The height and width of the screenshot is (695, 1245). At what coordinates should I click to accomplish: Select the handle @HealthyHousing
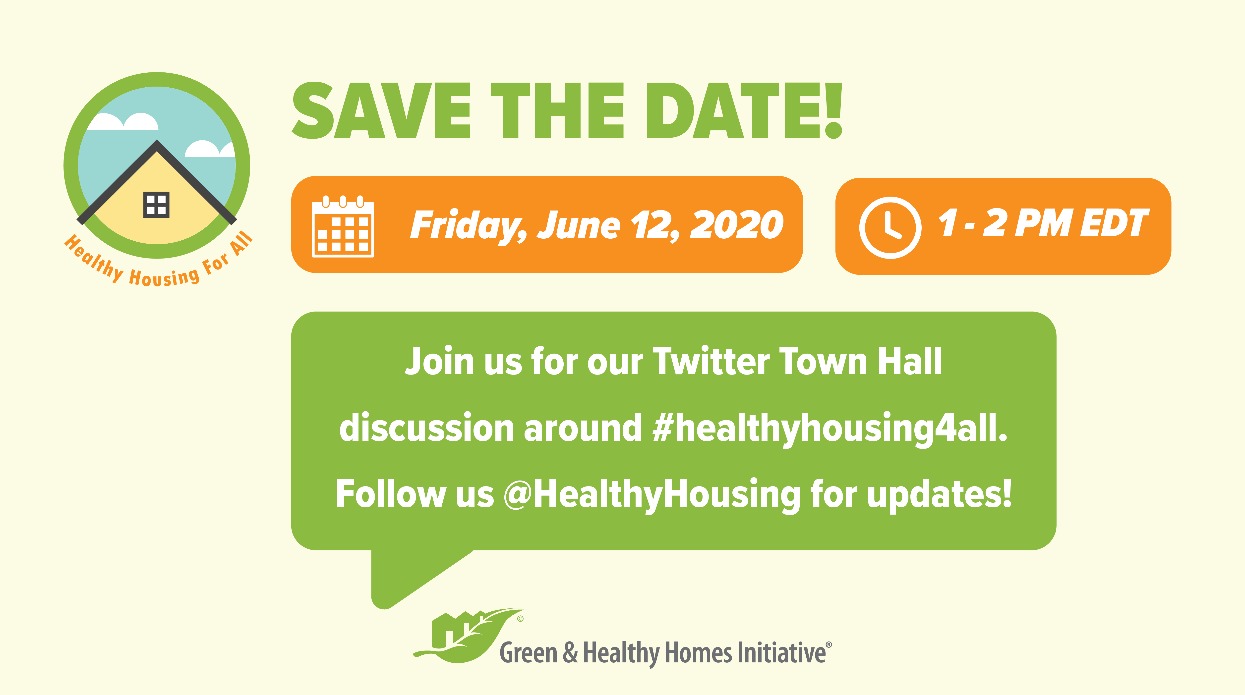pos(652,495)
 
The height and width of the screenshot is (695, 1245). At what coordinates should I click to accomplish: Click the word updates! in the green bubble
pos(940,495)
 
